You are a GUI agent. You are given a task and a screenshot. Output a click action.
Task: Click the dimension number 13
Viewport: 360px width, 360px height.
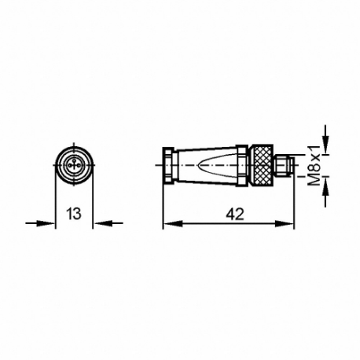point(74,213)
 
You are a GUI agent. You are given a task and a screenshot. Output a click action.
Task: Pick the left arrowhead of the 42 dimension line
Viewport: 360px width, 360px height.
point(168,223)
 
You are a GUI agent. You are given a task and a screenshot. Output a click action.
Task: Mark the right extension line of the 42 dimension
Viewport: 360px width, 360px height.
point(295,200)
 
